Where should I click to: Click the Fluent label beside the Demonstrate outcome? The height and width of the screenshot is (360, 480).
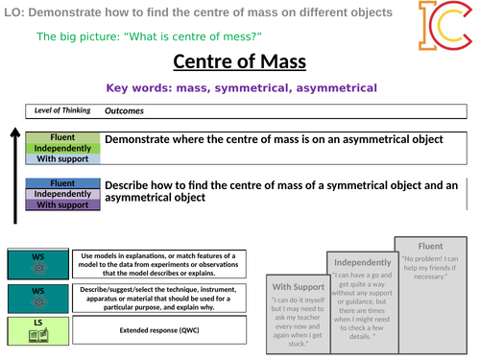pyautogui.click(x=61, y=136)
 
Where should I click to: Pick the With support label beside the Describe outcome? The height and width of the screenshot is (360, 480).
pyautogui.click(x=61, y=204)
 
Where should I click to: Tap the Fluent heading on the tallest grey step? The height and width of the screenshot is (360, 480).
pyautogui.click(x=422, y=245)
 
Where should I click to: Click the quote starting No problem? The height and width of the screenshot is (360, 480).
pyautogui.click(x=422, y=268)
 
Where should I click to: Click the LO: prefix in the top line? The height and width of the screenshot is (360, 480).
pyautogui.click(x=12, y=12)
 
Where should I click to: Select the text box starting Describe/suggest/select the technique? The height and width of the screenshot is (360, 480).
pyautogui.click(x=160, y=298)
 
